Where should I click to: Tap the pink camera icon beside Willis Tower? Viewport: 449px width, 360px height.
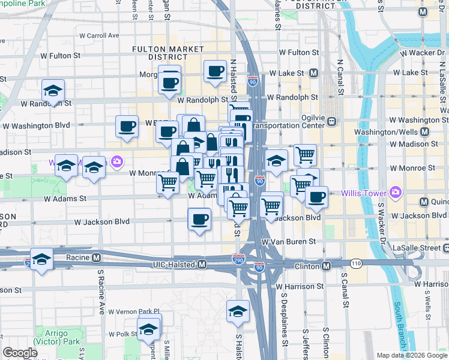tap(395, 193)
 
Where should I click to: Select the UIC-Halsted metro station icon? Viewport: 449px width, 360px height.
tap(202, 264)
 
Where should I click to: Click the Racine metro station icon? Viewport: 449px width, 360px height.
tap(96, 258)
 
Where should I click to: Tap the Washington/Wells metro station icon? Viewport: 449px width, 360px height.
tap(425, 132)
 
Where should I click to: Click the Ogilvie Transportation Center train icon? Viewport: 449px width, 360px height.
tap(331, 121)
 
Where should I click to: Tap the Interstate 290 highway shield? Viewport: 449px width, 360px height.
tap(238, 259)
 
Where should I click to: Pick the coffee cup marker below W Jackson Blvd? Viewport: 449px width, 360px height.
tap(199, 220)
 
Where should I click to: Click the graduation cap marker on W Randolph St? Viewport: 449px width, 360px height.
tap(53, 91)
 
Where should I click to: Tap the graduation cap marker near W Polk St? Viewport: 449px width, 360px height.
tap(149, 328)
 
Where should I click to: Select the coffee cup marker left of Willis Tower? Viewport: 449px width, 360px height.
tap(316, 196)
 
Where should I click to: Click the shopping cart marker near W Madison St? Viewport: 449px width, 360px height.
tap(306, 155)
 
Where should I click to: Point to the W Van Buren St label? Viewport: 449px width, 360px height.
tap(288, 241)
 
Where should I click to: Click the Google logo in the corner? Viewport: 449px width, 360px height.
tap(20, 353)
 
